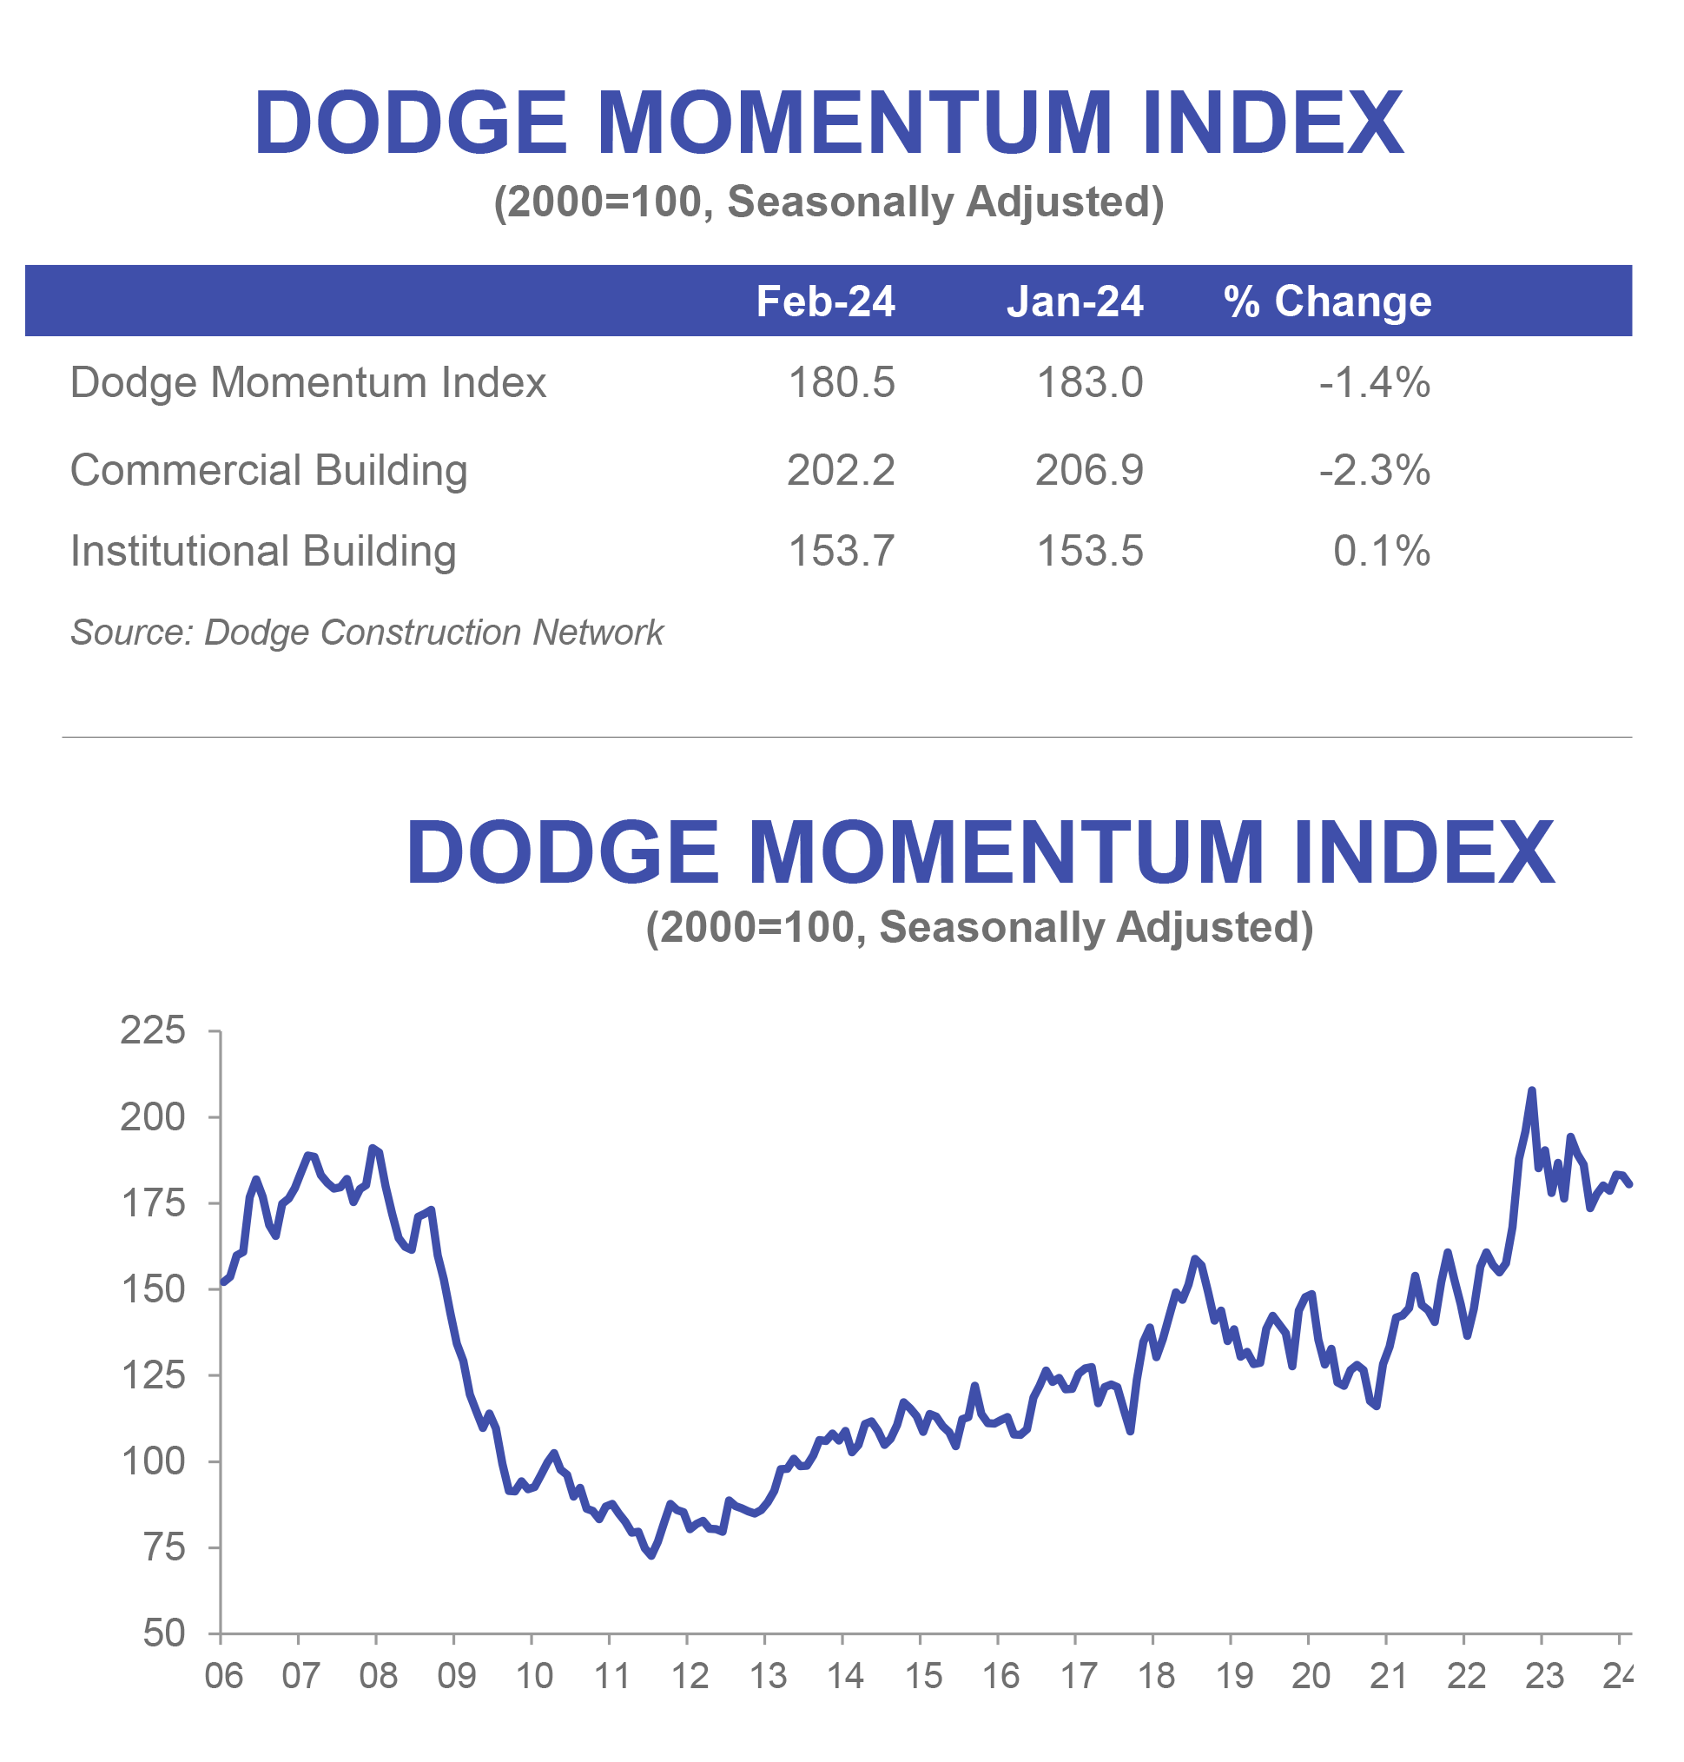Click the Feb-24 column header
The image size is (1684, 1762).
[825, 301]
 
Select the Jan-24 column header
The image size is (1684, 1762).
[1073, 301]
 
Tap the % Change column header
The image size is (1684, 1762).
[1327, 301]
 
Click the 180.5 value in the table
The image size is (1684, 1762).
[840, 382]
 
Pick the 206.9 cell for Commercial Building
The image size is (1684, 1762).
[1089, 470]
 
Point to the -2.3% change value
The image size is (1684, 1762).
[1373, 470]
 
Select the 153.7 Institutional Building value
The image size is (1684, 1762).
[840, 551]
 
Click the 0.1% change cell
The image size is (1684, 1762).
[1381, 551]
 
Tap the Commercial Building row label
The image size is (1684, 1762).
[268, 470]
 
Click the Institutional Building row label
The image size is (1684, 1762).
[263, 551]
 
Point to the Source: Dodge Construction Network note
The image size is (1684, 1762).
[367, 633]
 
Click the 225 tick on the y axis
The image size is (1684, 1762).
[153, 1030]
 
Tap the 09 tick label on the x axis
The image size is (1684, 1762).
[456, 1676]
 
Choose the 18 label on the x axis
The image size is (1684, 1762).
[1155, 1676]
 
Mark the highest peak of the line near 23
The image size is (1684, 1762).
[1531, 1090]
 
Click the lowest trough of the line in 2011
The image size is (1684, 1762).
[650, 1555]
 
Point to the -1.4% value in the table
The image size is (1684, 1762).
[1373, 382]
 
